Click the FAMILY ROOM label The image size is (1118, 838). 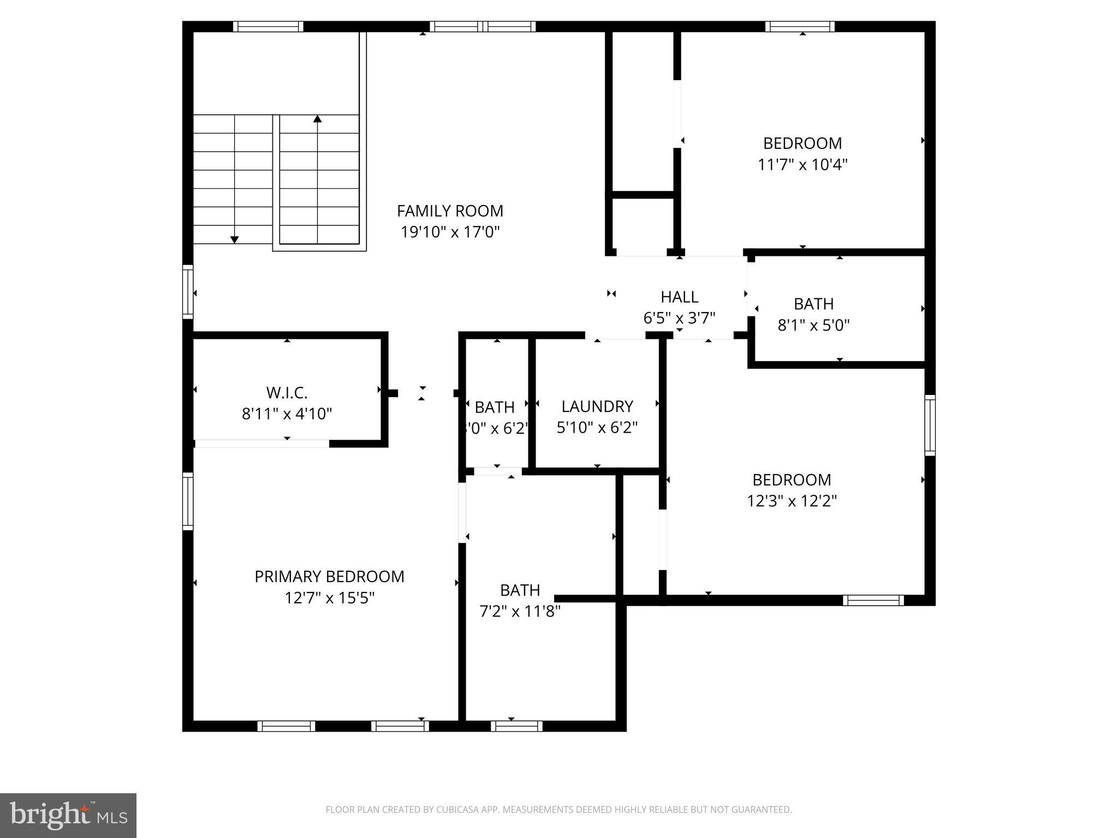point(450,211)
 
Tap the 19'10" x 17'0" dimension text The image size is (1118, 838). point(450,232)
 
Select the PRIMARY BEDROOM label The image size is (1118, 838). point(329,577)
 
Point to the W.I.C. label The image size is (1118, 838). point(287,392)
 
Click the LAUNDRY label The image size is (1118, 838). point(597,406)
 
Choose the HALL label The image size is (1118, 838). point(679,297)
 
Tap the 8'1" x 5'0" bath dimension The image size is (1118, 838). point(813,325)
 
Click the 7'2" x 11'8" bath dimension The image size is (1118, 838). point(520,612)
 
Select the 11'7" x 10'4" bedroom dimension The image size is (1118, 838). point(802,164)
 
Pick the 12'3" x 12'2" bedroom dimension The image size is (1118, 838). point(792,501)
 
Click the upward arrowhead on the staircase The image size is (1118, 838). point(318,118)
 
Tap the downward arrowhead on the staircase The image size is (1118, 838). point(235,240)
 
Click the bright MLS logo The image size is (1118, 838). point(68,816)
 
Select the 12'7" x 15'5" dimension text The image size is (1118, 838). point(329,598)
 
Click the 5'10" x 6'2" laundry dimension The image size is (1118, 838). point(597,428)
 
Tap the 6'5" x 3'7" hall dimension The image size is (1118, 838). point(679,318)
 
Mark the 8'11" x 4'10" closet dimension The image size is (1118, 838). point(287,414)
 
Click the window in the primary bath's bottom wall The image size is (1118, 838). point(516,726)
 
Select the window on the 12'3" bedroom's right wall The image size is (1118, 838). point(930,425)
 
